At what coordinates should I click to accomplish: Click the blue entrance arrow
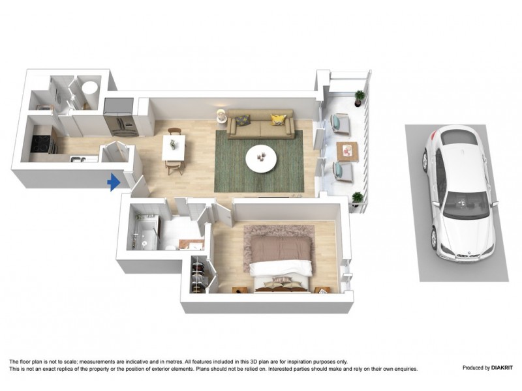point(114,182)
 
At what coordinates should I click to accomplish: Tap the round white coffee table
point(261,157)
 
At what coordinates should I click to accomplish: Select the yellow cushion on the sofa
point(279,119)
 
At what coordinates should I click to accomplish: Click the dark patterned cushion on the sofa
point(242,120)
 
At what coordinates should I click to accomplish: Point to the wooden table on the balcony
point(346,151)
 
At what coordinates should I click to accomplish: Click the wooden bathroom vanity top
point(191,244)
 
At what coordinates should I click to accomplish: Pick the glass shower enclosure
point(144,232)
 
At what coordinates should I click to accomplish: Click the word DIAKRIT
point(495,368)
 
